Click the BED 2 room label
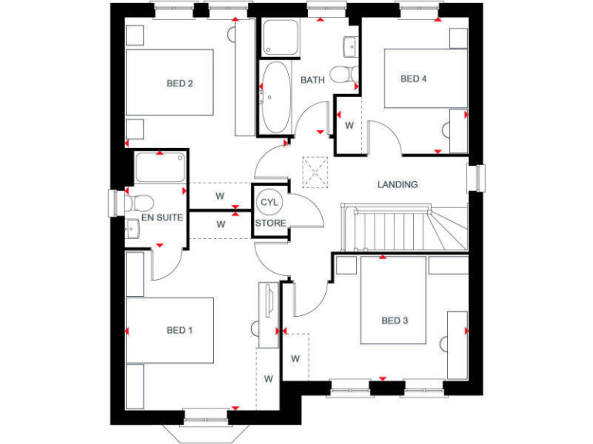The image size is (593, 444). [x=179, y=83]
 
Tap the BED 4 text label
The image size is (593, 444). [x=413, y=79]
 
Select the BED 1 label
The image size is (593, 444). [x=179, y=330]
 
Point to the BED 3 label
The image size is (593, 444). [x=395, y=321]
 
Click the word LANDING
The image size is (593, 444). [x=398, y=184]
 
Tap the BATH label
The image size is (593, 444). [x=312, y=79]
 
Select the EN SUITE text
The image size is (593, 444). [x=161, y=218]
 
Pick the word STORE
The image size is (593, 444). [x=271, y=223]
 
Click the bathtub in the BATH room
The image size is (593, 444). [x=273, y=98]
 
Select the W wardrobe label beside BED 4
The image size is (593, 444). [x=348, y=125]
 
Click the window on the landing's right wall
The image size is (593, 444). [x=479, y=178]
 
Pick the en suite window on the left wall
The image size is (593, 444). [x=117, y=203]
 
